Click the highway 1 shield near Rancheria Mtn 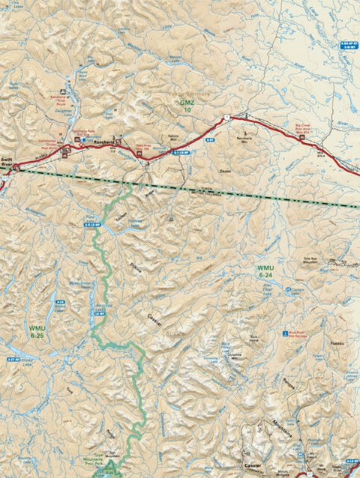[225, 118]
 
